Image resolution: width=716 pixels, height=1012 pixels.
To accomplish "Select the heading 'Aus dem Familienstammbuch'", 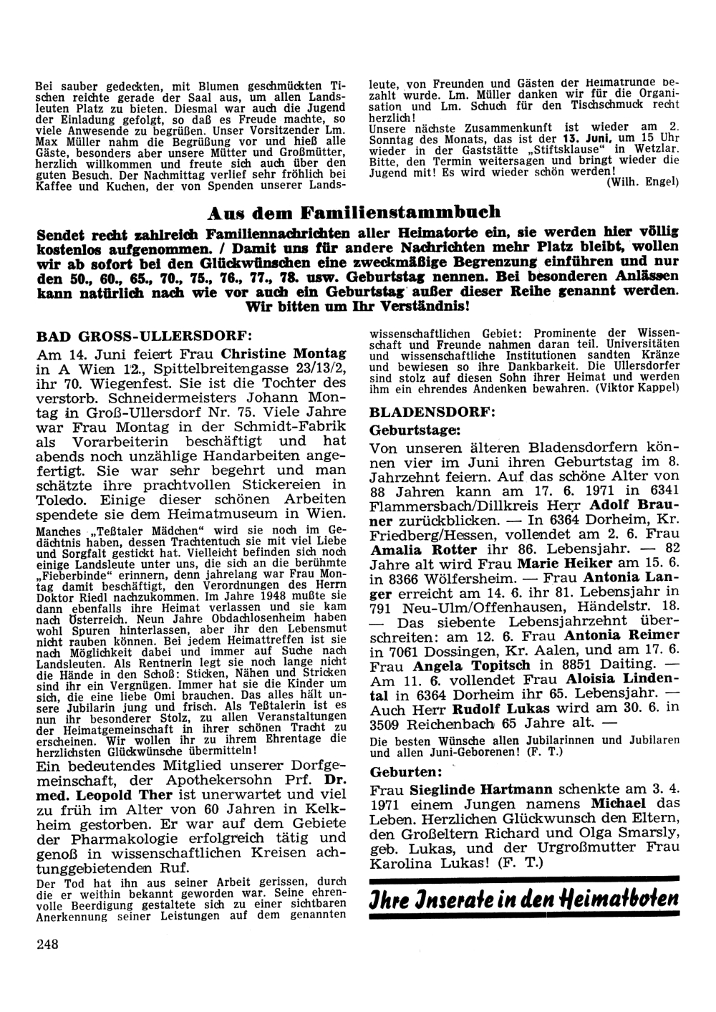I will (354, 213).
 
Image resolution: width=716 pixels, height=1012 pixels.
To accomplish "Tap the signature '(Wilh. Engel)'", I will (642, 182).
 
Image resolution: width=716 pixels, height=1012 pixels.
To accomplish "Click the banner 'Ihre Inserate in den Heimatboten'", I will (523, 899).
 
